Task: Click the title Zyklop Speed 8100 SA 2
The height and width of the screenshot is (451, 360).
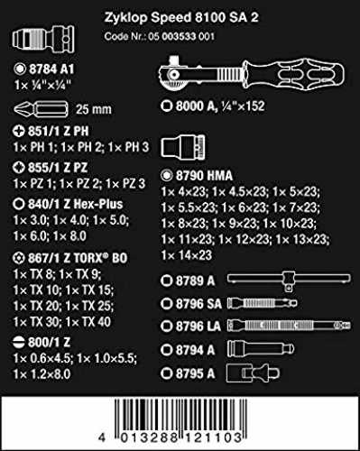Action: tap(181, 17)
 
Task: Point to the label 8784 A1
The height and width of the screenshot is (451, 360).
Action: tap(51, 69)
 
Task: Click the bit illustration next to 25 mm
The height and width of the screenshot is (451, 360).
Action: tap(42, 109)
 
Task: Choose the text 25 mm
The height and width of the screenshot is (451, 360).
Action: tap(94, 109)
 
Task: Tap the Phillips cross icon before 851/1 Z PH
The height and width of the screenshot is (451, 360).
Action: tap(19, 131)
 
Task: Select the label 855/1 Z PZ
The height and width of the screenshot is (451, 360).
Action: tap(58, 168)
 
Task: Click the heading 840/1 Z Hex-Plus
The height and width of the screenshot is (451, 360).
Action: tap(76, 204)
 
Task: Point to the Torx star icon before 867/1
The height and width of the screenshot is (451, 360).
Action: tap(19, 258)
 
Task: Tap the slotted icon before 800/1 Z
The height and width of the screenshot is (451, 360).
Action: tap(19, 342)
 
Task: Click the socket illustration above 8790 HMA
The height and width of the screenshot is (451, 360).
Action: tap(183, 146)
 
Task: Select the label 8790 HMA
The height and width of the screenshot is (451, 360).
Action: tap(204, 176)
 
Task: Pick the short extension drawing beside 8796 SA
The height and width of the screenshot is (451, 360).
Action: tap(262, 303)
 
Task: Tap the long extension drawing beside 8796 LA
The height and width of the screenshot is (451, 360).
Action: tap(289, 326)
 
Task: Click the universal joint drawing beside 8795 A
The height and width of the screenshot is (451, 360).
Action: tap(253, 373)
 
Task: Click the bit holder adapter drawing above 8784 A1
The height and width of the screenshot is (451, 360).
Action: tap(43, 39)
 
